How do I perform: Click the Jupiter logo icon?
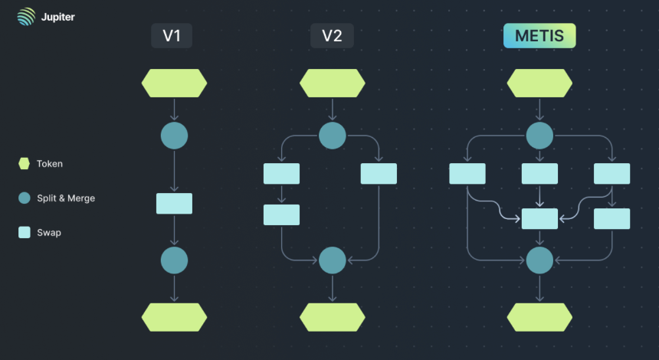coord(26,17)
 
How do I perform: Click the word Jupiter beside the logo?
coord(58,17)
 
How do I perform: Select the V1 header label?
coord(172,36)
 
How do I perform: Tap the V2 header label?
coord(332,36)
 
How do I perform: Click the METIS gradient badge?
coord(539,36)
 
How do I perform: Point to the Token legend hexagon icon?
coord(25,164)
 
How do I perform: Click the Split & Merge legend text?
coord(66,198)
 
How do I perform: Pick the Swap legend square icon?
coord(25,232)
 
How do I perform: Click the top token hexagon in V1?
coord(175,83)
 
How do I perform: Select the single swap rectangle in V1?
coord(175,204)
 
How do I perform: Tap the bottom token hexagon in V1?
coord(175,317)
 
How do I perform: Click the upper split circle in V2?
coord(333,136)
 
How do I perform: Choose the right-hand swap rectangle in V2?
coord(379,173)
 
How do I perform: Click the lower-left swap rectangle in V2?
coord(281,214)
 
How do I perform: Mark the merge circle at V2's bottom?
coord(333,260)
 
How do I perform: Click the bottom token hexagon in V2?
coord(333,317)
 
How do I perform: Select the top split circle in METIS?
coord(539,136)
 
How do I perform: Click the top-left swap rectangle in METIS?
coord(467,173)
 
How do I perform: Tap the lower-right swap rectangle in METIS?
coord(612,218)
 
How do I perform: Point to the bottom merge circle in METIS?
coord(539,260)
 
